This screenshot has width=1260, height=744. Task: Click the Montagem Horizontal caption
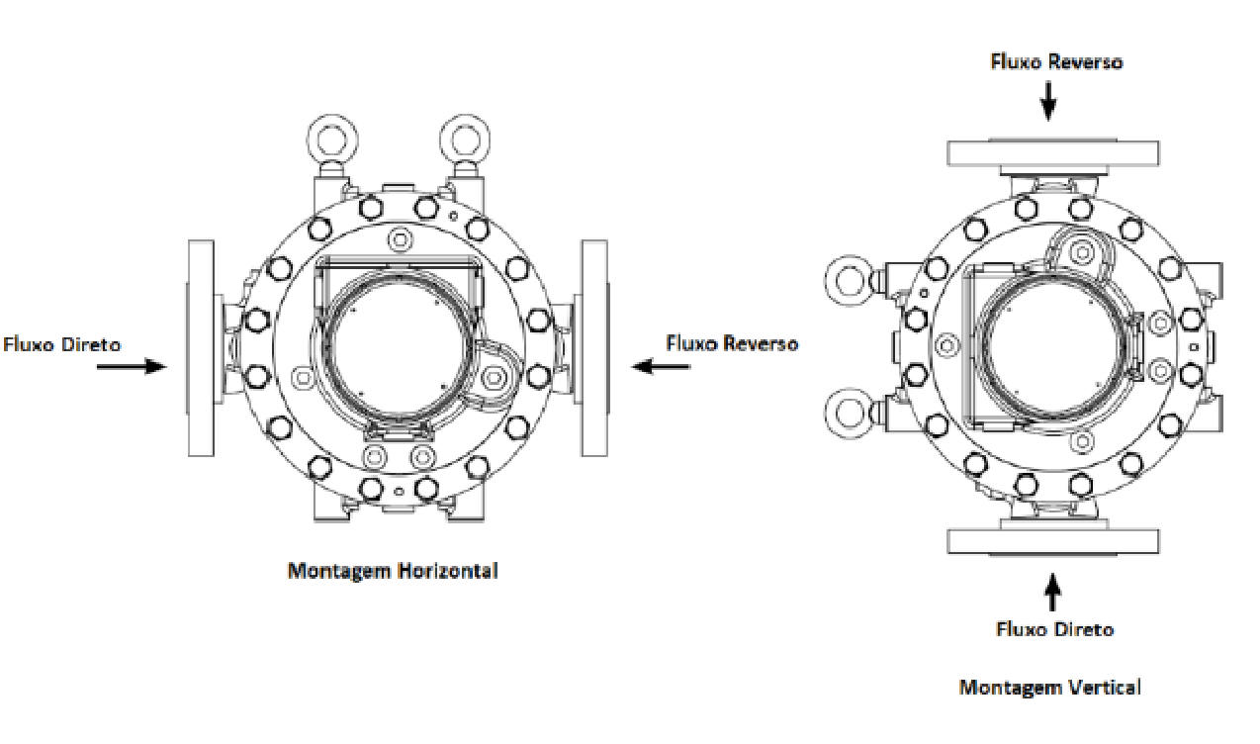[x=393, y=571]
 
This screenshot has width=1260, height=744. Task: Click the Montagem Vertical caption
[x=1049, y=688]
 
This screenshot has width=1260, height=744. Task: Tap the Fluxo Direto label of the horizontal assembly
[x=62, y=344]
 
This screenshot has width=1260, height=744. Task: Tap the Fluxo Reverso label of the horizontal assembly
[x=732, y=343]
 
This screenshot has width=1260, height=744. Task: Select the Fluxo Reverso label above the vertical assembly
[x=1056, y=62]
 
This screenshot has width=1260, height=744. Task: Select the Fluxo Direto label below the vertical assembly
[x=1054, y=628]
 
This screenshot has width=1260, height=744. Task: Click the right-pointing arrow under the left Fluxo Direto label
[x=132, y=366]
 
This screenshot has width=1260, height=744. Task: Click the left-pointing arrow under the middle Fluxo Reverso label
[x=661, y=366]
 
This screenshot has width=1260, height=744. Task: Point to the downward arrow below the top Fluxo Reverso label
[x=1048, y=101]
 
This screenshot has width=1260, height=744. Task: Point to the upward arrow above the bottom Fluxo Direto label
[x=1052, y=592]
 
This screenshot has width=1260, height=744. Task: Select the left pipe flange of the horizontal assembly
[x=201, y=348]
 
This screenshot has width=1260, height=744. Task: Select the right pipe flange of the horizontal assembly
[x=594, y=348]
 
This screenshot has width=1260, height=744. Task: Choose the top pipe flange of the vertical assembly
[x=1053, y=153]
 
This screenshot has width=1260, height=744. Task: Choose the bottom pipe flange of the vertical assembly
[x=1053, y=541]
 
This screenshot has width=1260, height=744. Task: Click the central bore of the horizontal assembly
[x=399, y=347]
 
